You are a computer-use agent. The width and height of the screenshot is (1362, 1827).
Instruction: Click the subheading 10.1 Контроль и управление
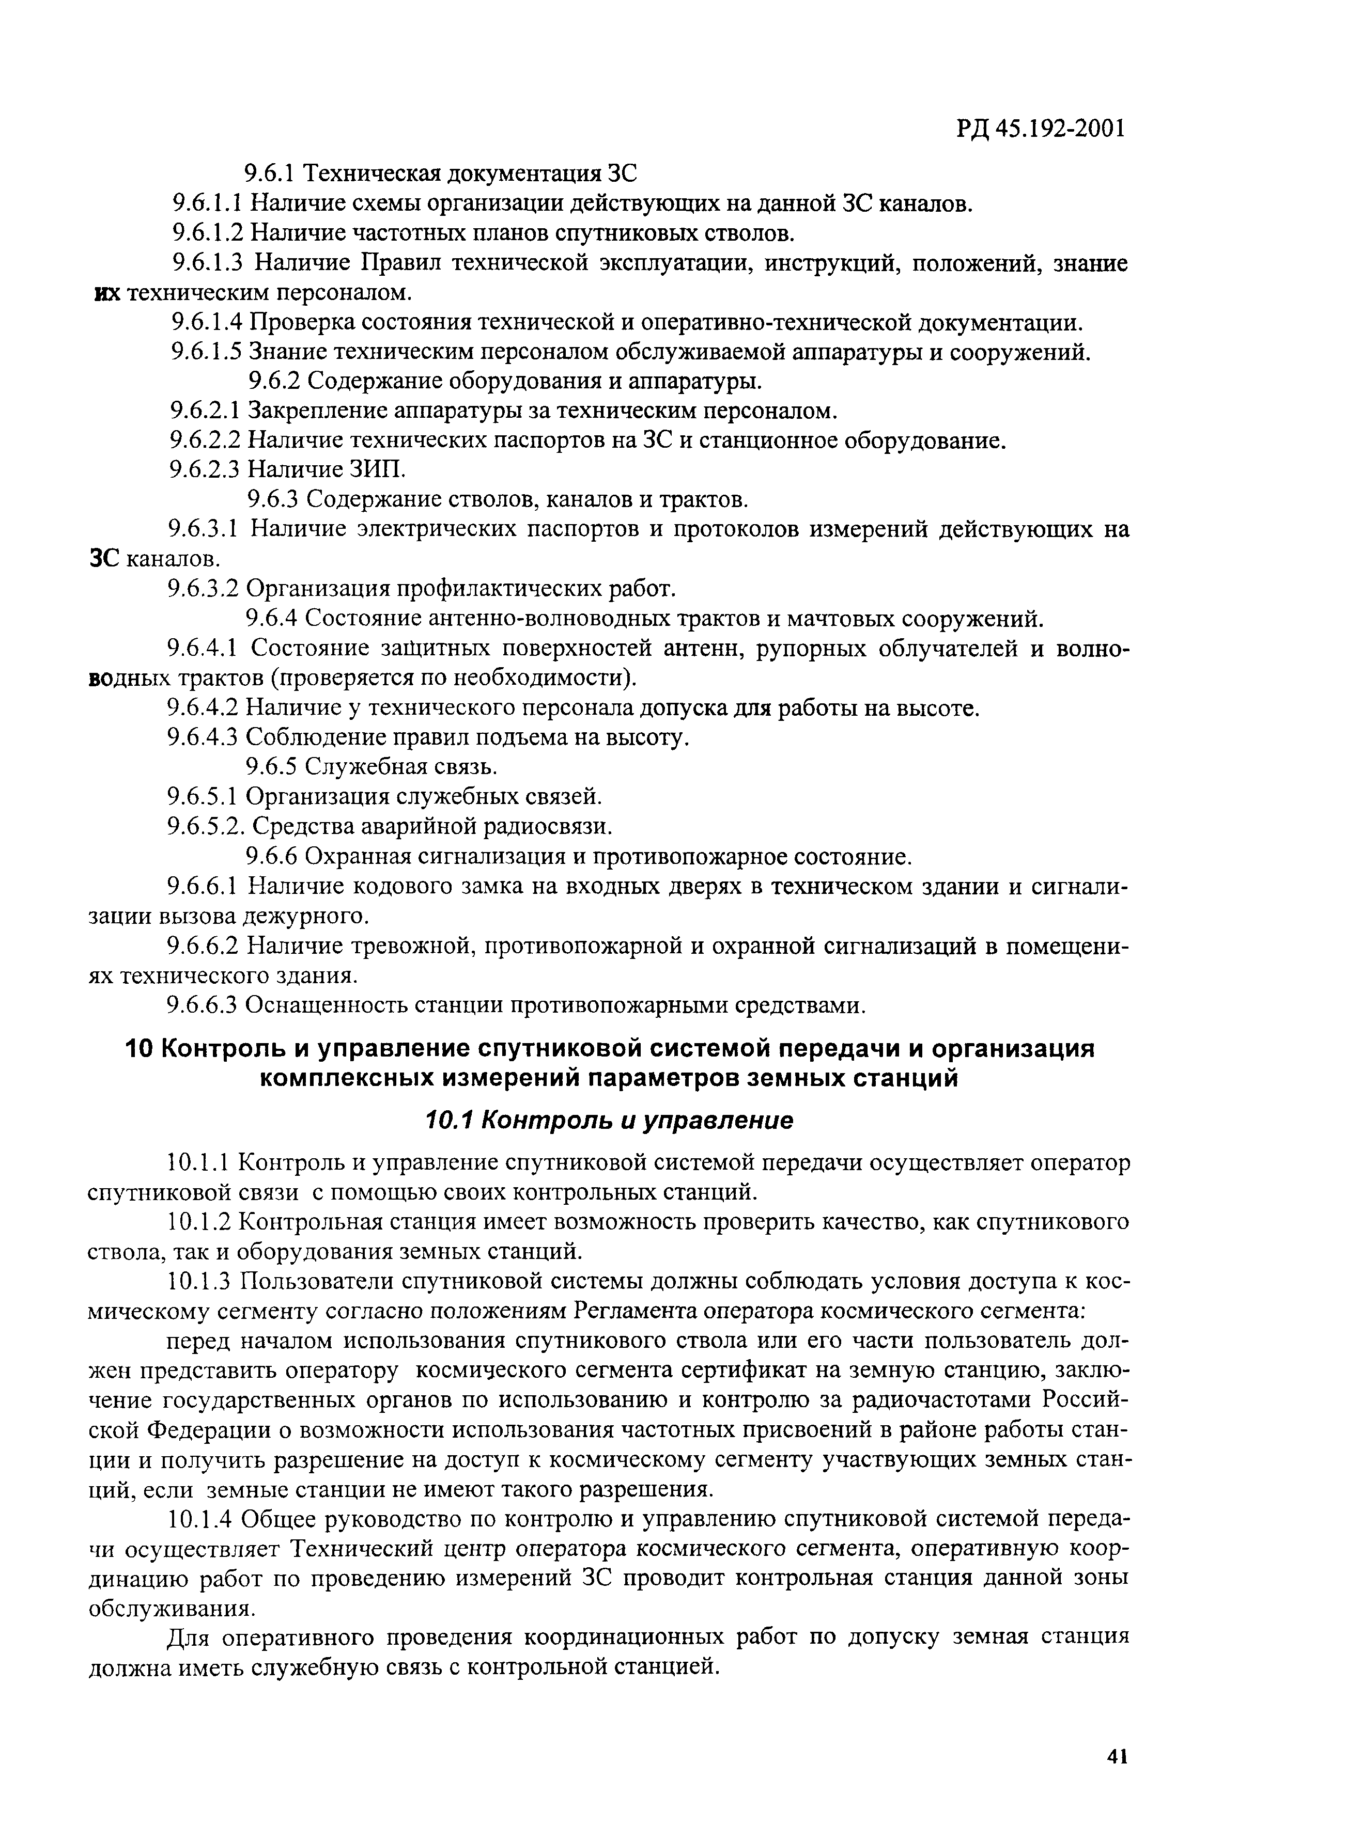coord(609,1120)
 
